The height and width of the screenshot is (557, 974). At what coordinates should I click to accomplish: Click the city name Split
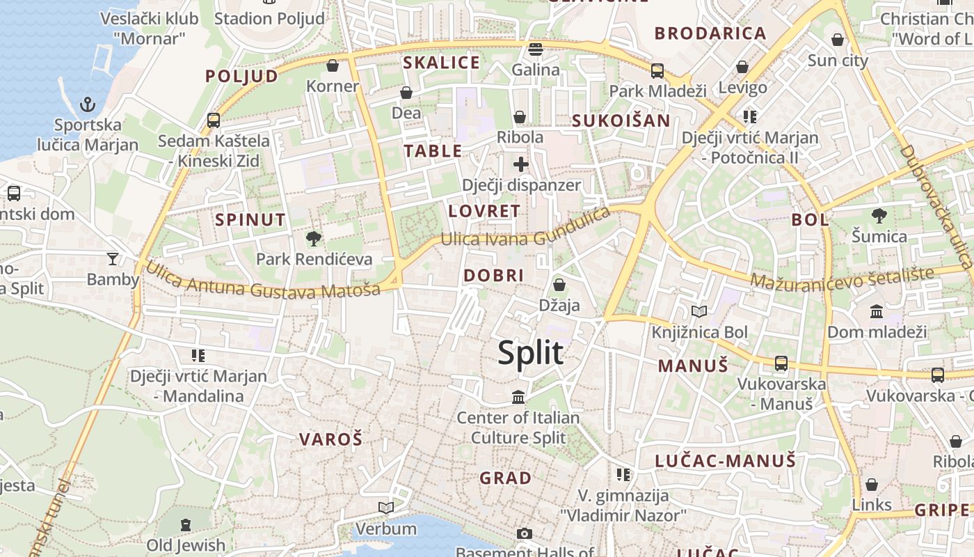point(530,353)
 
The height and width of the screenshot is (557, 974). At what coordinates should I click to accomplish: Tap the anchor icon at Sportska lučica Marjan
point(88,105)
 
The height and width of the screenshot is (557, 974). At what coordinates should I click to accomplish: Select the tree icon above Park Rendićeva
point(314,239)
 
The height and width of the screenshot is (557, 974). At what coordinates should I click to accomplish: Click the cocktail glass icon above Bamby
point(113,259)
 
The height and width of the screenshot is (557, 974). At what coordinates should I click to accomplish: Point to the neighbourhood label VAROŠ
point(331,439)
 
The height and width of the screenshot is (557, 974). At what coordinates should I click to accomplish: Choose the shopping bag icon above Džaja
point(559,285)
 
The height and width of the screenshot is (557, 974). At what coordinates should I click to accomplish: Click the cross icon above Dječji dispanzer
point(521,164)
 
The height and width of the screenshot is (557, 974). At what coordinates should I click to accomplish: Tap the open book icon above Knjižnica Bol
point(698,312)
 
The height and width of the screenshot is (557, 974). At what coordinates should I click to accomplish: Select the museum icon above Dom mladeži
point(877,311)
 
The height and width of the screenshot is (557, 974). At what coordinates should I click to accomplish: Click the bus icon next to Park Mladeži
point(657,70)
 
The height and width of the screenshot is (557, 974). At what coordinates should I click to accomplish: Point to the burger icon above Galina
point(535,49)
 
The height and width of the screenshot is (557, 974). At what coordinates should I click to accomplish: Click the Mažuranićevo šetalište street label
point(843,278)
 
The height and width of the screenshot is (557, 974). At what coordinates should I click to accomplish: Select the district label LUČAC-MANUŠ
point(725,460)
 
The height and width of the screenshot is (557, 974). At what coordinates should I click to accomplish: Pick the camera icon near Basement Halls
point(525,534)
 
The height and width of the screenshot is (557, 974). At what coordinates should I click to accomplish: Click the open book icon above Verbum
point(385,508)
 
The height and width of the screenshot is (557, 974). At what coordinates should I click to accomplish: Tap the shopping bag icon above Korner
point(333,65)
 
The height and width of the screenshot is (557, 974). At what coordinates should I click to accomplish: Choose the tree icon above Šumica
point(879,216)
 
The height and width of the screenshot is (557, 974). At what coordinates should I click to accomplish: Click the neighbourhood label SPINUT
point(250,220)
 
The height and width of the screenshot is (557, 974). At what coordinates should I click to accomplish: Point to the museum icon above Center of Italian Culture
point(518,397)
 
